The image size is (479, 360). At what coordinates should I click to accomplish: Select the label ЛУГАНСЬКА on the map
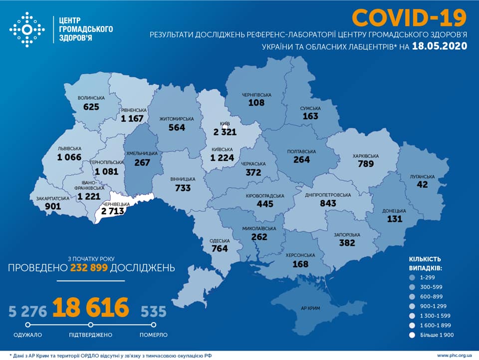pyautogui.click(x=423, y=176)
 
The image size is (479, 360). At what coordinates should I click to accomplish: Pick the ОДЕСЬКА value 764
pyautogui.click(x=220, y=249)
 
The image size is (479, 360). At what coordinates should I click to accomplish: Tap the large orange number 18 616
pyautogui.click(x=90, y=308)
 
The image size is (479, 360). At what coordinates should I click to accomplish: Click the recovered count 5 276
pyautogui.click(x=27, y=312)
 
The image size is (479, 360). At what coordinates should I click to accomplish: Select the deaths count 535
pyautogui.click(x=153, y=312)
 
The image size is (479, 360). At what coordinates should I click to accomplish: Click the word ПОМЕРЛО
pyautogui.click(x=154, y=335)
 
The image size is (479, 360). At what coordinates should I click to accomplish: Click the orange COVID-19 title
pyautogui.click(x=409, y=18)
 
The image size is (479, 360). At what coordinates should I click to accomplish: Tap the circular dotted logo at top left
pyautogui.click(x=27, y=30)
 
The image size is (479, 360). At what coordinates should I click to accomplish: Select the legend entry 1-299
pyautogui.click(x=429, y=277)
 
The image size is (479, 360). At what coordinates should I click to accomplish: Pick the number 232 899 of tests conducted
pyautogui.click(x=89, y=268)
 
